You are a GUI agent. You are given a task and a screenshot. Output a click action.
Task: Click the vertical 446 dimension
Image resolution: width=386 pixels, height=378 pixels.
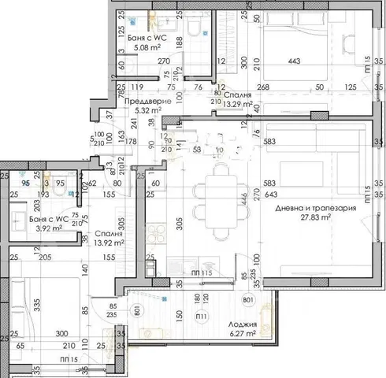(x=244, y=202)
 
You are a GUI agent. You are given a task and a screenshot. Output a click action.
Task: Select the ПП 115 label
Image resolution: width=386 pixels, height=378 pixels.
(x=182, y=273)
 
